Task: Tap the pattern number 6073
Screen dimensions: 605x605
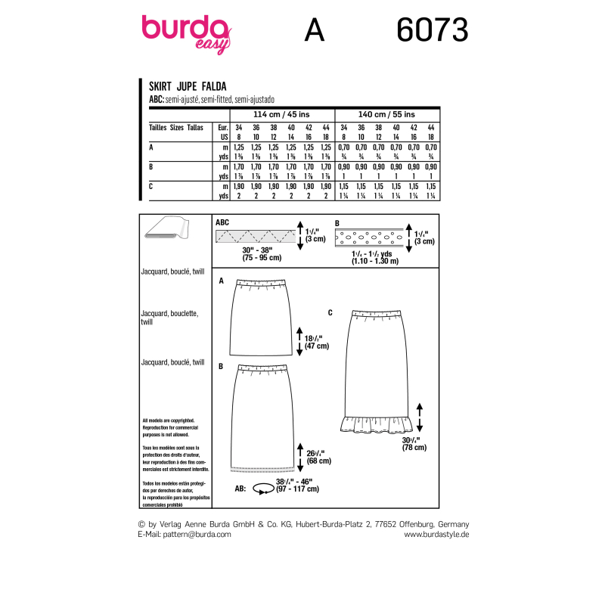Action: click(432, 31)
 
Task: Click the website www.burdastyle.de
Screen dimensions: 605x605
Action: click(437, 534)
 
